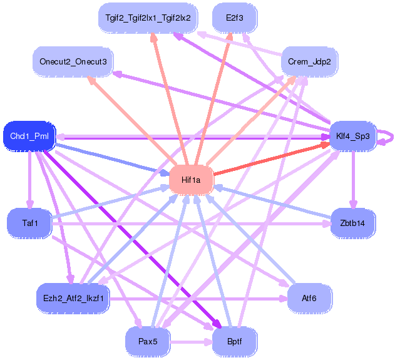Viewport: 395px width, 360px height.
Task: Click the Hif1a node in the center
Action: pyautogui.click(x=192, y=180)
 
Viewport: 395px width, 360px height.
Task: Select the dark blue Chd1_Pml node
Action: pyautogui.click(x=29, y=136)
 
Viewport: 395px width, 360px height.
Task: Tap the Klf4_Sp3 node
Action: pyautogui.click(x=352, y=136)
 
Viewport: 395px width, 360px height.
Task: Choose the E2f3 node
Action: pyautogui.click(x=235, y=18)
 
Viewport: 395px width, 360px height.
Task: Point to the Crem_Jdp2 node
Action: pyautogui.click(x=309, y=61)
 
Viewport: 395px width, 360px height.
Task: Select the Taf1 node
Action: pyautogui.click(x=29, y=223)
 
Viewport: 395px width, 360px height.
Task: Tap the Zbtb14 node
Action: pyautogui.click(x=352, y=223)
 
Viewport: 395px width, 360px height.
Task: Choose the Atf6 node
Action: pyautogui.click(x=309, y=298)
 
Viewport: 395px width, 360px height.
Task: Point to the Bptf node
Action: pyautogui.click(x=235, y=342)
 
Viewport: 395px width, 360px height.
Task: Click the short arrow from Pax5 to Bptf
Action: pyautogui.click(x=192, y=342)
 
